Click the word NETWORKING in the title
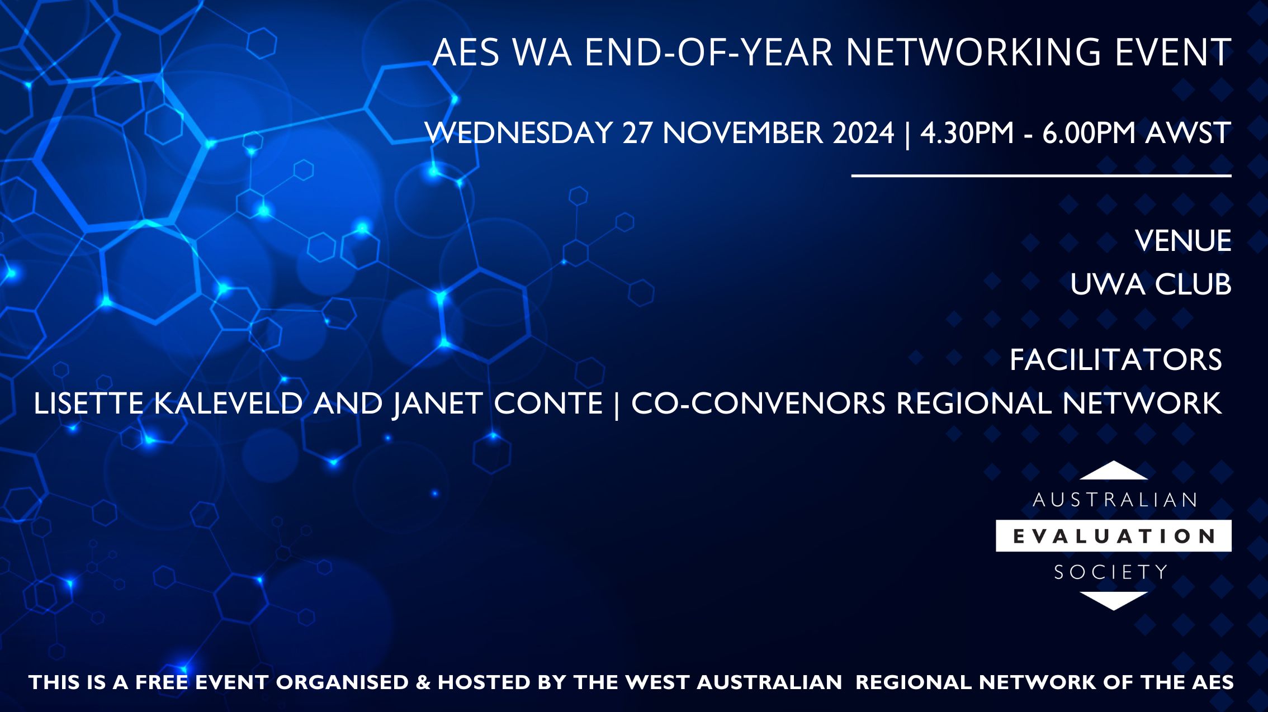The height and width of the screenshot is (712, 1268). click(973, 53)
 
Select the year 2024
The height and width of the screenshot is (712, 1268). click(863, 133)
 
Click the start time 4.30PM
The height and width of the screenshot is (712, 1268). click(967, 133)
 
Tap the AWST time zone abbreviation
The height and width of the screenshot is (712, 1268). click(1187, 133)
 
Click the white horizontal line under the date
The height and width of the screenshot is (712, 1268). click(1041, 176)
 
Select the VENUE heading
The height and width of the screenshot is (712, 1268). click(1183, 241)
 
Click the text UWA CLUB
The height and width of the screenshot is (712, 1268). click(1151, 284)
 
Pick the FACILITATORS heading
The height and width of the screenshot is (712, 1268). click(1115, 360)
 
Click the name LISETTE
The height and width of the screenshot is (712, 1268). click(88, 404)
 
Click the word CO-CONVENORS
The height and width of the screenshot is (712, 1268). click(758, 404)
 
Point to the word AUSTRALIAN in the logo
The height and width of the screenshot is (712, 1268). click(1114, 500)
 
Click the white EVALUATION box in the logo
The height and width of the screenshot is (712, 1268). click(1113, 536)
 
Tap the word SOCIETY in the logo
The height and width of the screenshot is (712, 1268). click(1111, 572)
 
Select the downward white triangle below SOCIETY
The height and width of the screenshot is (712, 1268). click(1113, 600)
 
